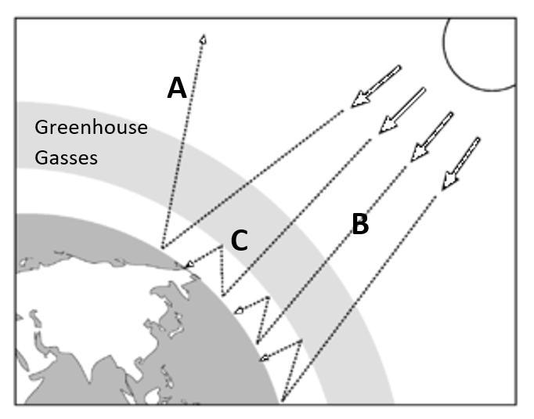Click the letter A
point(177,88)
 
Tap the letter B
point(359,225)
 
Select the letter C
point(240,240)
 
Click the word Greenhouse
point(92,127)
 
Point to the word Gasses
point(66,157)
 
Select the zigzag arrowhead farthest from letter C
point(264,358)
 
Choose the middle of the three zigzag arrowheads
point(238,311)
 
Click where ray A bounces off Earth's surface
point(161,247)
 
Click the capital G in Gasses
point(41,157)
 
